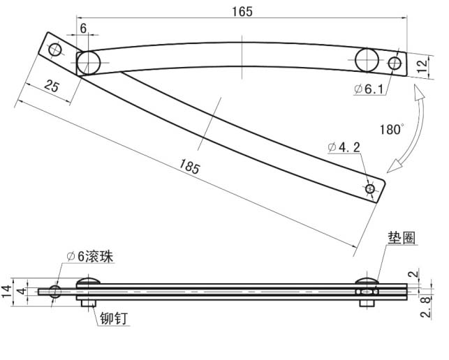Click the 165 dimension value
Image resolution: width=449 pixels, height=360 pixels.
coord(240,11)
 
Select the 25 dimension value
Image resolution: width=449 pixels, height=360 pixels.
coord(50,86)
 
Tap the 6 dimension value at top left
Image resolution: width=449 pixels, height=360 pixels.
coord(84,28)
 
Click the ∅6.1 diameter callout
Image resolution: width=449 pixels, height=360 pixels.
coord(369,89)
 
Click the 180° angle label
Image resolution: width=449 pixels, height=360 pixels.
coord(392,129)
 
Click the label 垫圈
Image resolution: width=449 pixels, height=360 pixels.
coord(401,237)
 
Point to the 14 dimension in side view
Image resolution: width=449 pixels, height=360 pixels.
coord(8,292)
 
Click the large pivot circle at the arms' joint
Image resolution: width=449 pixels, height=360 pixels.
coord(89,62)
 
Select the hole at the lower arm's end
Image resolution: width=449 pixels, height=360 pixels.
coord(369,188)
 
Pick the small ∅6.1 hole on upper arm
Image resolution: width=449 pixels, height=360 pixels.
coord(395,63)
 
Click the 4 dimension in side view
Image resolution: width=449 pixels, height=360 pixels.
coord(21,292)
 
